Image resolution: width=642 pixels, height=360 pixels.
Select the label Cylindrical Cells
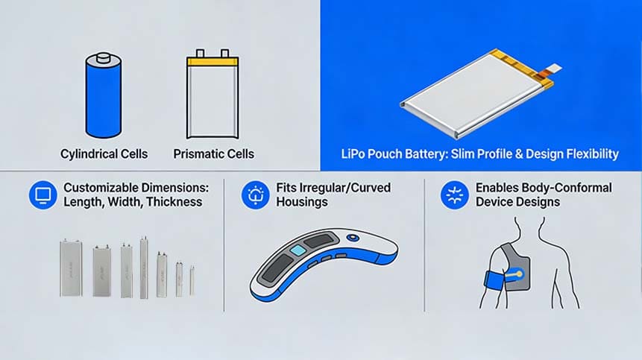point(104,154)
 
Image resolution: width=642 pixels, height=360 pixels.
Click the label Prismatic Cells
point(213,154)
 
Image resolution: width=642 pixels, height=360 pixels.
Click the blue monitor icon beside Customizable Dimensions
point(43,195)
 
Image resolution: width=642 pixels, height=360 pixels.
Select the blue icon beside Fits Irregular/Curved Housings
point(256,195)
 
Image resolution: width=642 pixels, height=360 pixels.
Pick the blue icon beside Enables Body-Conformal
point(453,195)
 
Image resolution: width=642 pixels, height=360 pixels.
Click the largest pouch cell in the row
point(72,268)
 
